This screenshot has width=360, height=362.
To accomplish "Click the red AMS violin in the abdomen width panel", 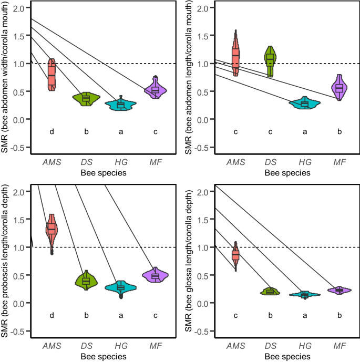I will [x=52, y=74].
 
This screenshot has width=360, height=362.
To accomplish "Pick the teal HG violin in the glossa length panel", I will [x=305, y=295].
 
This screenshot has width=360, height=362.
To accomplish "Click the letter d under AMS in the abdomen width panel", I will [x=52, y=132].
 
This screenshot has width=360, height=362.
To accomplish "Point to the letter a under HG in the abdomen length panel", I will [x=305, y=132].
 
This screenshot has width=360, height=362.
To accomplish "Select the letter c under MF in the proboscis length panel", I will [x=155, y=316].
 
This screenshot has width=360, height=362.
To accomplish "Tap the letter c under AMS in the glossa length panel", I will [x=235, y=316].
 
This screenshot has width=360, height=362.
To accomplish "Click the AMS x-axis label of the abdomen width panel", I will [x=52, y=162].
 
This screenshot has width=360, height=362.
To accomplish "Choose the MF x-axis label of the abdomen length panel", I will [x=340, y=162].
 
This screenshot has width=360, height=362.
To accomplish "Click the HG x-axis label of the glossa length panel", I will [x=305, y=346].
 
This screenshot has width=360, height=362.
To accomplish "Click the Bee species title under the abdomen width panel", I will [x=104, y=172].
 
